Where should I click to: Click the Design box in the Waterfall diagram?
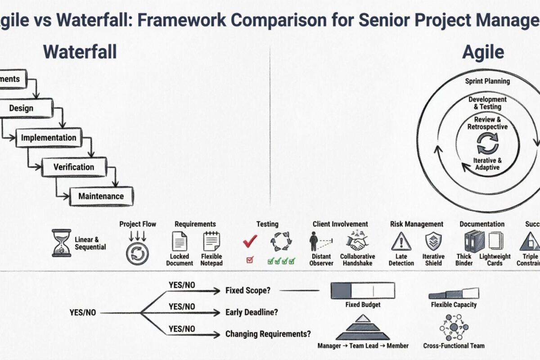click(x=22, y=108)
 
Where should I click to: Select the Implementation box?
click(x=49, y=138)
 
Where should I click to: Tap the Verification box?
click(x=74, y=167)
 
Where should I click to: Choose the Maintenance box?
click(x=101, y=196)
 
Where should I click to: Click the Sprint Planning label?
click(x=487, y=81)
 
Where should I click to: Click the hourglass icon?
click(x=61, y=243)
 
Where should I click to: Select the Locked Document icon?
click(x=180, y=241)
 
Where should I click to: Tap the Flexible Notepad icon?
click(x=211, y=241)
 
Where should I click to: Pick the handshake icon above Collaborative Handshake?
click(x=357, y=241)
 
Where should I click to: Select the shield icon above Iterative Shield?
click(x=433, y=241)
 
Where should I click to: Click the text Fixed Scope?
click(x=248, y=291)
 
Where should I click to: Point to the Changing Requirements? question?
click(x=268, y=334)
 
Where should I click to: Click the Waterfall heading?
click(x=80, y=52)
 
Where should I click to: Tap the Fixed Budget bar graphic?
click(x=363, y=290)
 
